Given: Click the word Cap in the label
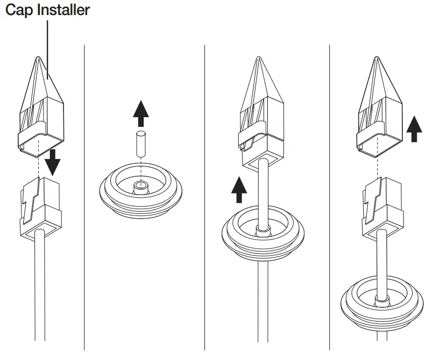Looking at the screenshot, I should point(18,10).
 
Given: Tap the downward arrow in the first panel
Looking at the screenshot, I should point(53,161).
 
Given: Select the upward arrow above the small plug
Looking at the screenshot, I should point(140,113).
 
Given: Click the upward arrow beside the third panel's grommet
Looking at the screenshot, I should point(238,191).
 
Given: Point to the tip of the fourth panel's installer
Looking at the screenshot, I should point(380,59).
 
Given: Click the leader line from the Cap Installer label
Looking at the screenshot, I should point(48,48).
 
